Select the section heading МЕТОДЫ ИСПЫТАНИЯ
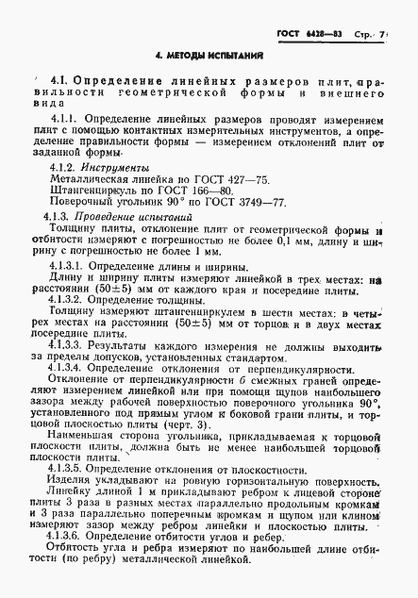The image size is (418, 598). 209,57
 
